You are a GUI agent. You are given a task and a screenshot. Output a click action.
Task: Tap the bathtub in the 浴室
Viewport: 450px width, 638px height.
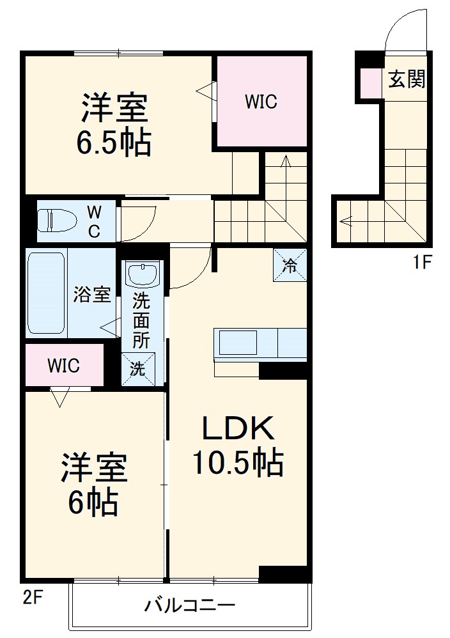click(46, 293)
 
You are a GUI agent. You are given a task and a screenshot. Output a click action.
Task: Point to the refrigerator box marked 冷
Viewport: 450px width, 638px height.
click(290, 265)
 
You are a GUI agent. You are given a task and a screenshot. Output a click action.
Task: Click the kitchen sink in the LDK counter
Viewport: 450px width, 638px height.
click(238, 343)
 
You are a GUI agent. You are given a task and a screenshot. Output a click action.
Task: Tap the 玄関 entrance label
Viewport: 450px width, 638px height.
click(407, 80)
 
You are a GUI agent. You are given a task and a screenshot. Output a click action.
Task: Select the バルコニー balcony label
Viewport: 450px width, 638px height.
click(190, 605)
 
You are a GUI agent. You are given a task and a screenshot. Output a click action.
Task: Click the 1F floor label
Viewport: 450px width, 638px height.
click(422, 261)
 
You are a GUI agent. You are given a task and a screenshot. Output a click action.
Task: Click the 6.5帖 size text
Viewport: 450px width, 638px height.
click(114, 143)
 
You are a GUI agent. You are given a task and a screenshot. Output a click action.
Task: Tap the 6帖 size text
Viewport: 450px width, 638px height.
click(93, 503)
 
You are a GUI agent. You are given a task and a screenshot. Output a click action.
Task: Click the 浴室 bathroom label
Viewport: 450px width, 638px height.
click(92, 295)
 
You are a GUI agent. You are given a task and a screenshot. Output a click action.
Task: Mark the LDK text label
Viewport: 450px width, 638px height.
click(238, 428)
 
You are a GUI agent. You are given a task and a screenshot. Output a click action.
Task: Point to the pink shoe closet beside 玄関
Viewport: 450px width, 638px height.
click(370, 82)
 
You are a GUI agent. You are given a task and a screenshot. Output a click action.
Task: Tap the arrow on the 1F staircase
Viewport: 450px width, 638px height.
click(346, 222)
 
